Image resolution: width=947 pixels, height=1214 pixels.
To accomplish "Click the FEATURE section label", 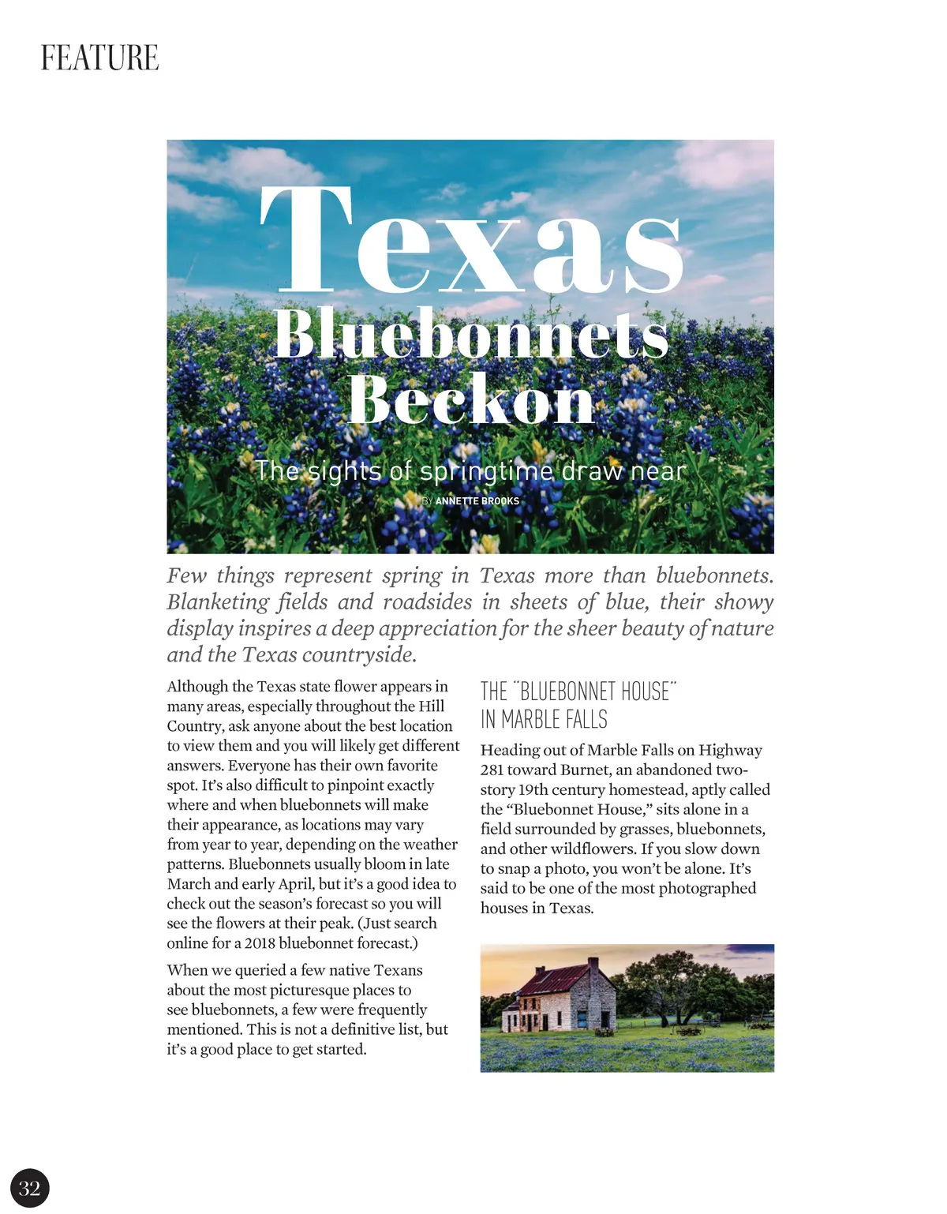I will point(99,58).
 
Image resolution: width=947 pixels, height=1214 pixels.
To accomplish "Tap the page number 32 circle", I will point(30,1188).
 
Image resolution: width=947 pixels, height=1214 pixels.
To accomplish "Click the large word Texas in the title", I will point(470,242).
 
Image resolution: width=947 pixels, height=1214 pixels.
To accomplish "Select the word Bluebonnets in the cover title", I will point(470,334).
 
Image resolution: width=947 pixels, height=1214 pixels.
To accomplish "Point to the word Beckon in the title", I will point(470,399).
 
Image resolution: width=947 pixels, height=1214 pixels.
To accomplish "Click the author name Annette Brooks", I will point(477,501).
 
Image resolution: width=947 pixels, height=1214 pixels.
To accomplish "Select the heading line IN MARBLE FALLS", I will point(544,720).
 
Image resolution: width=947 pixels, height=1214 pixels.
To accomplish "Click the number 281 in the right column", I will point(492,770).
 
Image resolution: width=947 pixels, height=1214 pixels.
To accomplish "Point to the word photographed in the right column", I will point(709,888).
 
